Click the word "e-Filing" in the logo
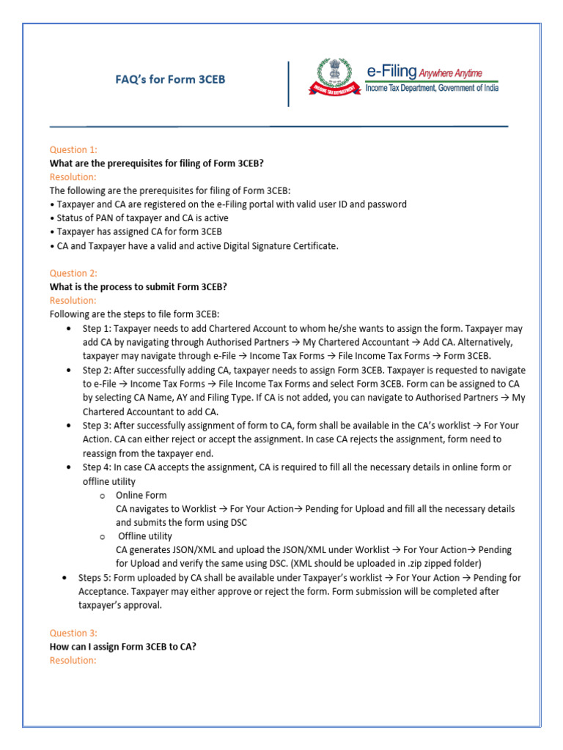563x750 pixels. point(391,71)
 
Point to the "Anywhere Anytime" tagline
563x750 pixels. point(450,73)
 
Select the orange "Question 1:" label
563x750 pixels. point(73,149)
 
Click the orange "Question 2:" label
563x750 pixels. point(73,273)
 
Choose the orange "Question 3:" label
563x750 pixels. point(73,633)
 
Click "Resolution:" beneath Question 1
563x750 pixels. point(73,177)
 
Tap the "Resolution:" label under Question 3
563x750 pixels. point(73,660)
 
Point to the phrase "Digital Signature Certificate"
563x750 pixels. point(276,246)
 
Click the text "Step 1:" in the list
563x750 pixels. point(97,329)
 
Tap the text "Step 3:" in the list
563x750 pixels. point(97,426)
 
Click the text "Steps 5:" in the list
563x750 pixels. point(97,578)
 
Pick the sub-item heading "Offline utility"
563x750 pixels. point(145,536)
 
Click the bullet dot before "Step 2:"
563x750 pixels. point(68,371)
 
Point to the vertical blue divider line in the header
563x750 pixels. point(289,83)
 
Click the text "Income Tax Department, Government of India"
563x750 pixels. point(432,88)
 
